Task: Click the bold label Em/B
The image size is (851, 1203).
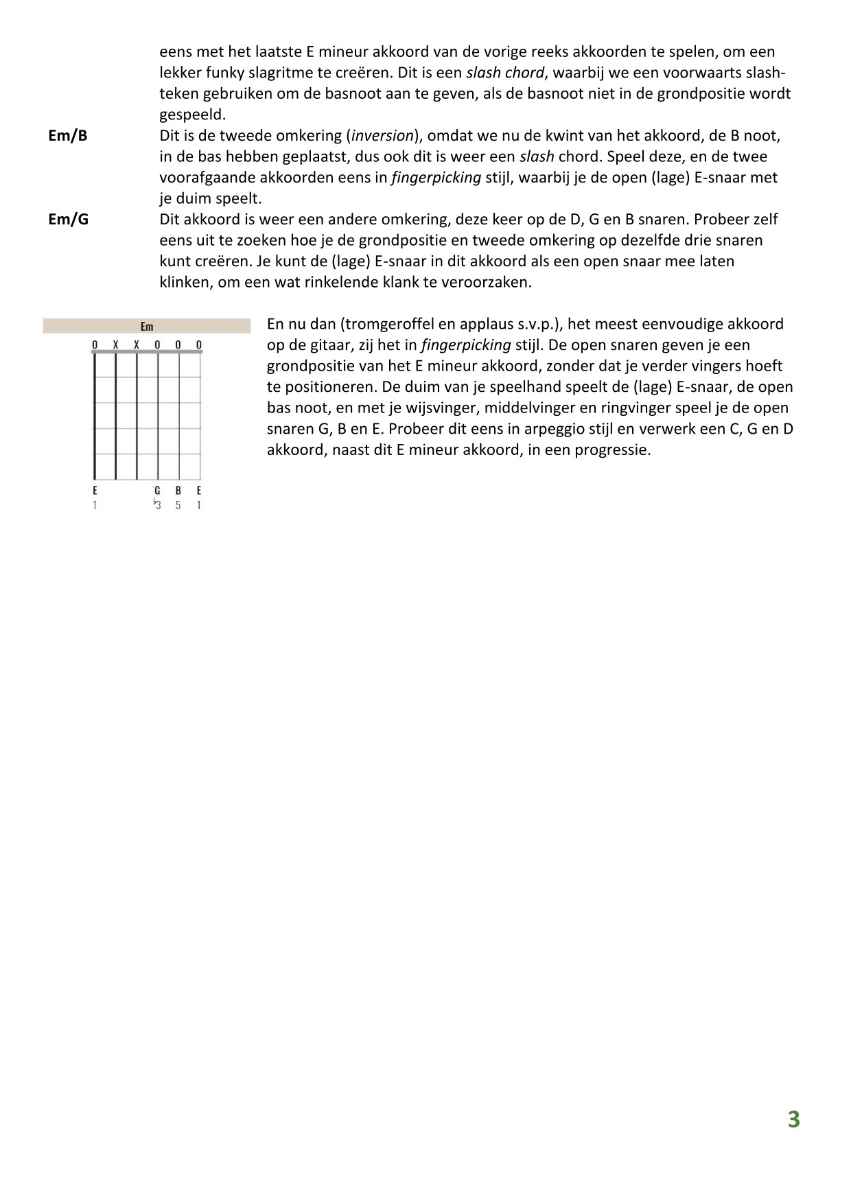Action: (68, 135)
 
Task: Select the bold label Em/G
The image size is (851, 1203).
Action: (68, 220)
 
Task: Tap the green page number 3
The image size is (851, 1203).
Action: (793, 1119)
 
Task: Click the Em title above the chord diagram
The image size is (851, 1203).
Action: (147, 327)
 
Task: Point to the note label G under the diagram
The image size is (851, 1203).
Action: (157, 491)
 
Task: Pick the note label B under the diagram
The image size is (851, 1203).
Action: (178, 491)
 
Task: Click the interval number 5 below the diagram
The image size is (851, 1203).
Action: (178, 506)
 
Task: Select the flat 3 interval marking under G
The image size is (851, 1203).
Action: (156, 505)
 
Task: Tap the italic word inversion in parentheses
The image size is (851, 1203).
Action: (382, 135)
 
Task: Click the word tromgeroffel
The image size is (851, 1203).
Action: (390, 324)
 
